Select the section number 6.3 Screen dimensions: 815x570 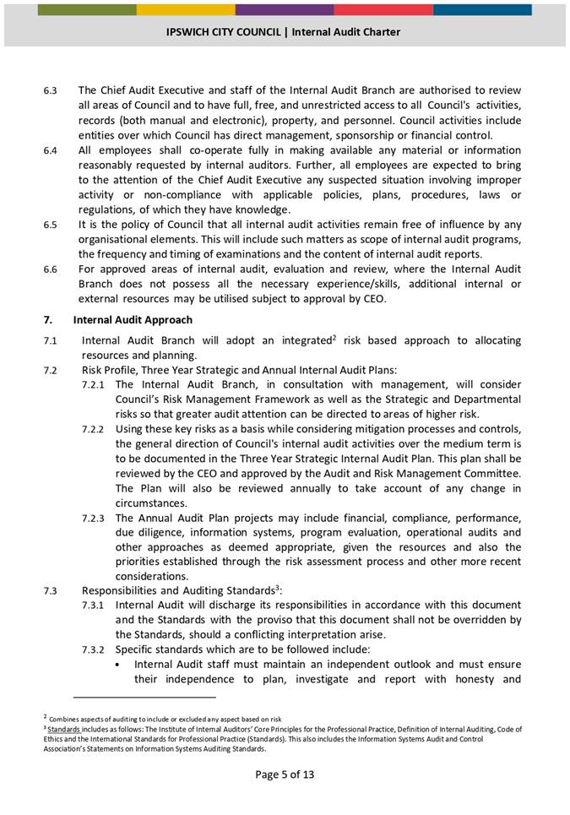tap(50, 90)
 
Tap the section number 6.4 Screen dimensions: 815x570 tap(50, 150)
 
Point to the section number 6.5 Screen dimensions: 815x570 tap(50, 225)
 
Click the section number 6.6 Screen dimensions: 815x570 tap(50, 269)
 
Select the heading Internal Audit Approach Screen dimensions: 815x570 tap(133, 320)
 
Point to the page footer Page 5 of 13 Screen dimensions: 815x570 tap(285, 774)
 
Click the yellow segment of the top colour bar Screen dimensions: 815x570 tap(186, 9)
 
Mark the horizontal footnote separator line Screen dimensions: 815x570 tap(144, 698)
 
